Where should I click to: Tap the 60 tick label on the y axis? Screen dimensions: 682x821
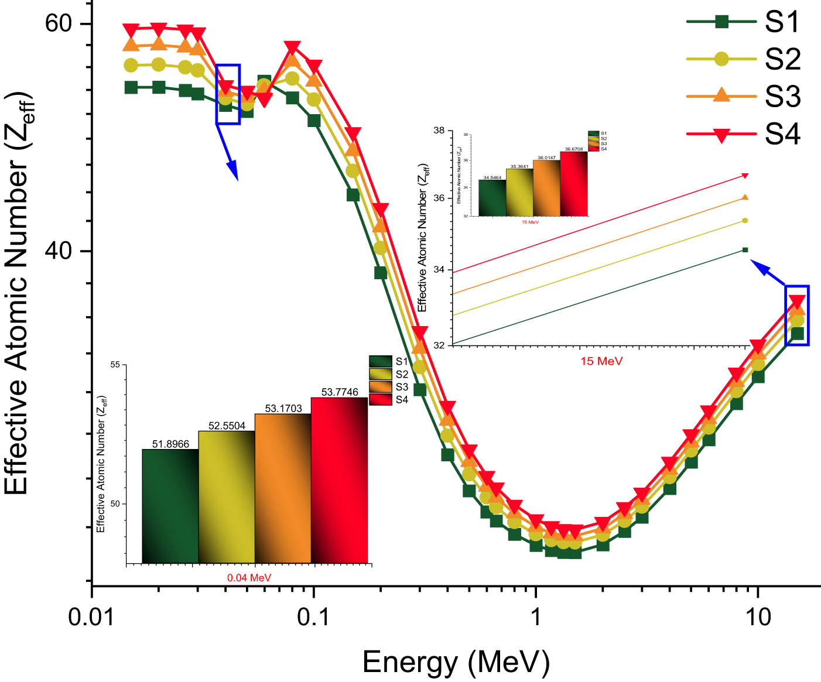tap(58, 23)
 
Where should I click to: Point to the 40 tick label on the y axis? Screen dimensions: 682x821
tap(58, 251)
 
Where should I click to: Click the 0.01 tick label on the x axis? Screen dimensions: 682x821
tap(91, 617)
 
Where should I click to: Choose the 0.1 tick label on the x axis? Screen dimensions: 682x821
tap(313, 617)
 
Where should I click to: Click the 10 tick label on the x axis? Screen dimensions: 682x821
tap(758, 617)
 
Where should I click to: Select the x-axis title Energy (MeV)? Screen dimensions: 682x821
tap(456, 662)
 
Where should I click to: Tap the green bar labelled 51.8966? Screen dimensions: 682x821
tap(170, 506)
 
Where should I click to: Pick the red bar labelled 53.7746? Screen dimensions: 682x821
tap(339, 480)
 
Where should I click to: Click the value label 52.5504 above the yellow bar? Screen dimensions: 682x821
tap(227, 426)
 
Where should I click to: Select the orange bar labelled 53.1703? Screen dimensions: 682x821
tap(283, 488)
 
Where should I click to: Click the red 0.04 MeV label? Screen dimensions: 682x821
tap(249, 578)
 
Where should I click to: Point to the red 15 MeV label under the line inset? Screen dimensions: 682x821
tap(601, 361)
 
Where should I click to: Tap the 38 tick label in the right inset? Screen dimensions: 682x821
tap(439, 131)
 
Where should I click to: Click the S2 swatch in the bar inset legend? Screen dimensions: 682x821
tap(380, 374)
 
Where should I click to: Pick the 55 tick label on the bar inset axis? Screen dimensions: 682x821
tap(115, 365)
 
